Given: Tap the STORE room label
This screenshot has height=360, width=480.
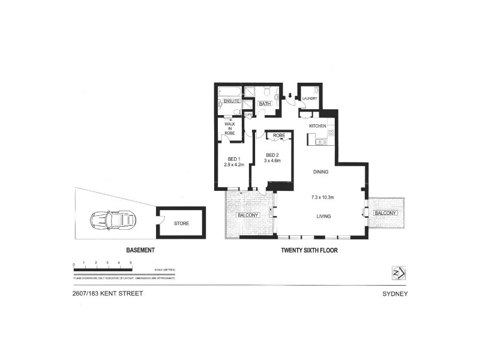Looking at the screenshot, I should click(181, 224).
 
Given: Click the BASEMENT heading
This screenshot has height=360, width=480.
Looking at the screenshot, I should click(141, 250).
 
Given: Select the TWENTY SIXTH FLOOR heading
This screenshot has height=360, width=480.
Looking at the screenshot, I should click(309, 250).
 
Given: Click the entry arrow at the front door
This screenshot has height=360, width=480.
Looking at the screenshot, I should click(291, 95).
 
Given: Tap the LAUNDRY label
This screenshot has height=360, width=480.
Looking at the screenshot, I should click(310, 99).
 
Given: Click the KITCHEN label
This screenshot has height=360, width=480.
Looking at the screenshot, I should click(317, 126).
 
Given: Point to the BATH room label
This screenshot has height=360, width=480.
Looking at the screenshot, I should click(265, 104).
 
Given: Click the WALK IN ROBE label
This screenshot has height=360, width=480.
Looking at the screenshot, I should click(229, 128).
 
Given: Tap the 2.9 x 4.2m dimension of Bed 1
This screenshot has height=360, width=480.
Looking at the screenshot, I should click(234, 164).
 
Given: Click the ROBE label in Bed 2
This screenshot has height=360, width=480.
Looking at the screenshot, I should click(279, 136).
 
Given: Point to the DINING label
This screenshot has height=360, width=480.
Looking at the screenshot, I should click(320, 172).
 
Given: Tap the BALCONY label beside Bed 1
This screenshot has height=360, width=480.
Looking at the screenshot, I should click(247, 215).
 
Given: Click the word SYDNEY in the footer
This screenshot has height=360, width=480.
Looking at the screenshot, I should click(395, 294).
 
